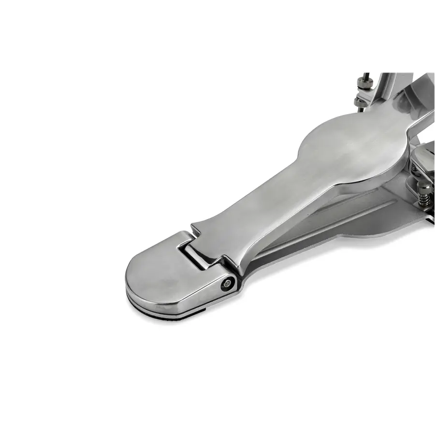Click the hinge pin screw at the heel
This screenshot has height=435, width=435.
pyautogui.click(x=226, y=284)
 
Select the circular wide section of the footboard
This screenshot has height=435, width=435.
pyautogui.click(x=338, y=145)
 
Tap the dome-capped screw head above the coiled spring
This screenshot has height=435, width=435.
pyautogui.click(x=424, y=186)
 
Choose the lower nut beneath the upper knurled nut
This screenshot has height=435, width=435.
pyautogui.click(x=361, y=101)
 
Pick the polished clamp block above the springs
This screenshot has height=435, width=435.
pyautogui.click(x=425, y=157)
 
